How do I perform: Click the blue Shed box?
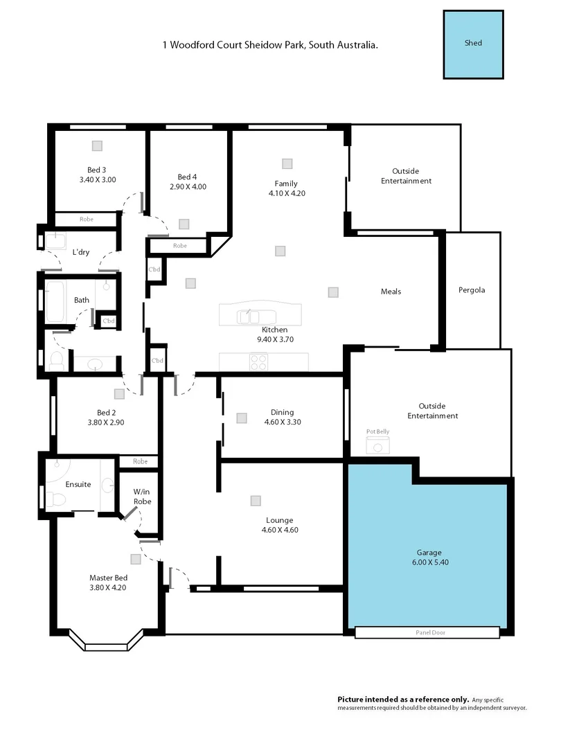tap(473, 44)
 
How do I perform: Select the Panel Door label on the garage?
tap(427, 632)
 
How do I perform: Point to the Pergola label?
tap(472, 290)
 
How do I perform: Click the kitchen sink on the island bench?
tap(247, 317)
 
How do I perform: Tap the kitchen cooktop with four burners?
tap(258, 362)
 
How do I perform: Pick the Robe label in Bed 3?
tap(87, 219)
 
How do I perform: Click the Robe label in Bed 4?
tap(180, 246)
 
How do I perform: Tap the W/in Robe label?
tap(142, 497)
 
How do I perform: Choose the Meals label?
tap(391, 292)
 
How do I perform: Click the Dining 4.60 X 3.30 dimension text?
tap(283, 422)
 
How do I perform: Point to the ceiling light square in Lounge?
tap(256, 500)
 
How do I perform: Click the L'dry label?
tap(81, 252)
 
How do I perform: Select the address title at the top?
tap(270, 45)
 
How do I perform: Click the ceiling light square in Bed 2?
tap(119, 393)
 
